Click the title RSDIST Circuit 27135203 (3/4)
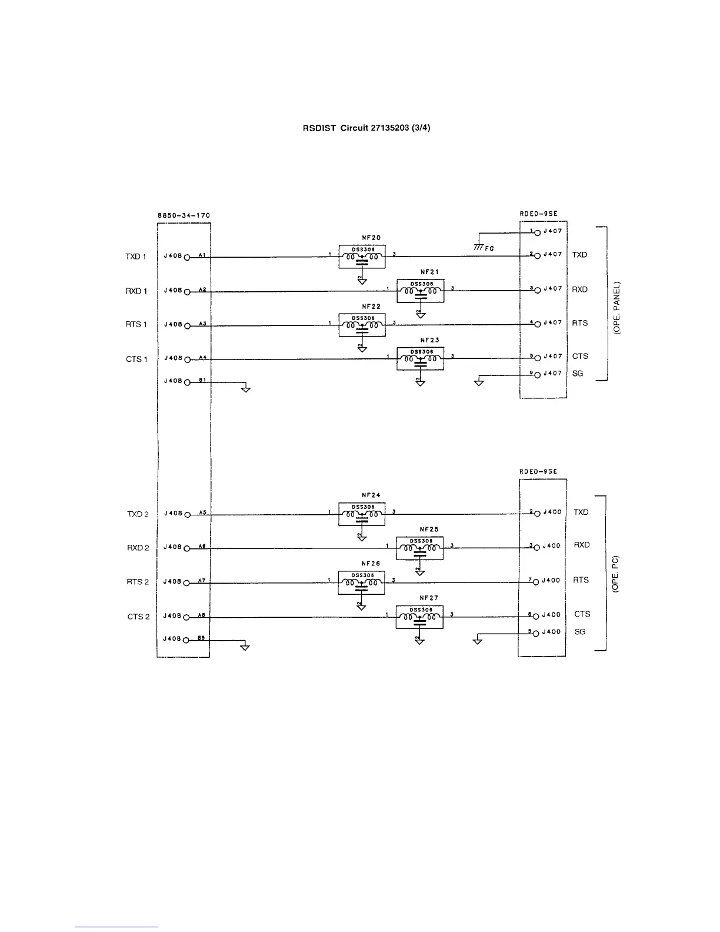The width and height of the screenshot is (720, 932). click(x=366, y=128)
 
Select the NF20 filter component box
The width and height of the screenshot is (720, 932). click(x=362, y=257)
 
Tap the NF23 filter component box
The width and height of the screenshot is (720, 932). click(x=420, y=358)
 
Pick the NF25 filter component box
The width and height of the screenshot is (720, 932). click(x=419, y=548)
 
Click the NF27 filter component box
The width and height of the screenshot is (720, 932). click(x=419, y=617)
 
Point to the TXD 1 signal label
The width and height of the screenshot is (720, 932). click(x=136, y=257)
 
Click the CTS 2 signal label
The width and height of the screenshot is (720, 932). click(x=138, y=617)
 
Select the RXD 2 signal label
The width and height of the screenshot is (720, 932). click(x=138, y=548)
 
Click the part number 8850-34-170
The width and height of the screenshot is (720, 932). click(x=184, y=215)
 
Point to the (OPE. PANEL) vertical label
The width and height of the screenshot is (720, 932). click(x=617, y=307)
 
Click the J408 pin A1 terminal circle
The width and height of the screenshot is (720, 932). click(x=188, y=258)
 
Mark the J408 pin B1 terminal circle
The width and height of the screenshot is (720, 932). click(x=188, y=382)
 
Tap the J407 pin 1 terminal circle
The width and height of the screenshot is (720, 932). click(x=537, y=232)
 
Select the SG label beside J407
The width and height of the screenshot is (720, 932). click(x=578, y=374)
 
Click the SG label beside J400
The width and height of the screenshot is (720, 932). click(x=580, y=632)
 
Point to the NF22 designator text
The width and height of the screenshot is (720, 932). click(x=371, y=307)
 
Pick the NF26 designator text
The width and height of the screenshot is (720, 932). click(x=371, y=564)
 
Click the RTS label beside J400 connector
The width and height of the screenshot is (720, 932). click(x=581, y=580)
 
